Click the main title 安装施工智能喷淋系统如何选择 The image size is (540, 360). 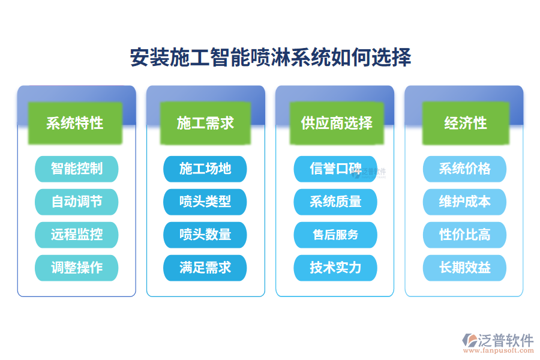(x=271, y=58)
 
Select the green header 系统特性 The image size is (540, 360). (x=75, y=123)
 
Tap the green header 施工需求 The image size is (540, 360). (x=205, y=123)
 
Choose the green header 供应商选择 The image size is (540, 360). (x=336, y=123)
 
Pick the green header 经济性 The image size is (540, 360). (x=465, y=123)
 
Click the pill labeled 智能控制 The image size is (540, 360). (x=76, y=169)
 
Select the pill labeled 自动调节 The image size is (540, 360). (x=76, y=202)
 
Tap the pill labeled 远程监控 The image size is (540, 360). (x=76, y=235)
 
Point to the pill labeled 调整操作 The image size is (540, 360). (x=76, y=268)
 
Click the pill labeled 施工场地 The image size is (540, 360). (x=205, y=169)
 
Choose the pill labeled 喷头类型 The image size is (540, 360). (x=205, y=202)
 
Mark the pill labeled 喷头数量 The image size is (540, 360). (x=205, y=235)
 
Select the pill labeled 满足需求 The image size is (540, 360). (x=205, y=268)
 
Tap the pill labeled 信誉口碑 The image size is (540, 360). (x=335, y=169)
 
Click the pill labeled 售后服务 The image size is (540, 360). (x=335, y=235)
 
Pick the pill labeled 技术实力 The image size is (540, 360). (x=335, y=268)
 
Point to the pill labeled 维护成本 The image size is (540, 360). (x=464, y=202)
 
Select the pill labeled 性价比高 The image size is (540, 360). (x=464, y=235)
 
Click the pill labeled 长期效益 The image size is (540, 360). (x=464, y=268)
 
